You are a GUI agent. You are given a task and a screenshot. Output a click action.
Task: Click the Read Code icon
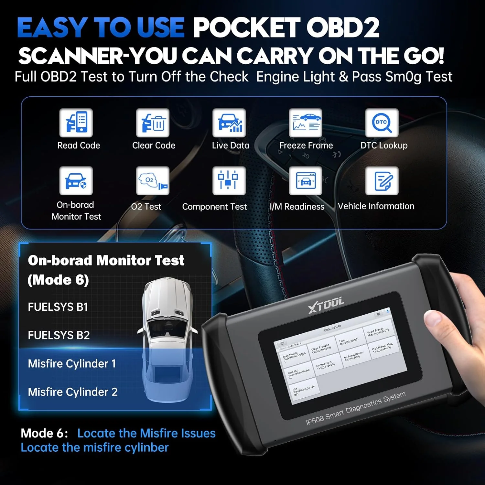point(76,123)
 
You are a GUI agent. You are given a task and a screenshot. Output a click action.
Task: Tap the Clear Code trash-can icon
point(153,123)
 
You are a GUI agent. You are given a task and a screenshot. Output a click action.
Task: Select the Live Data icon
point(229,123)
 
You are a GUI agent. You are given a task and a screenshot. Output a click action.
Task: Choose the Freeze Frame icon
point(305,123)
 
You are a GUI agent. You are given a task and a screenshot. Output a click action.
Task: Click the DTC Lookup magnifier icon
point(382,123)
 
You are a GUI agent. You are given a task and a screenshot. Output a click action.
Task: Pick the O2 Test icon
point(153,181)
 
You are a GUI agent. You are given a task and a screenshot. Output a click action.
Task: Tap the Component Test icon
point(229,181)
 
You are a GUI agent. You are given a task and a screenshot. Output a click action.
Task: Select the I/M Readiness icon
point(305,181)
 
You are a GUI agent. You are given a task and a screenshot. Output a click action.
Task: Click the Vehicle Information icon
point(382,181)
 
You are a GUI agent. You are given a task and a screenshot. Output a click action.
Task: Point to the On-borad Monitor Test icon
point(76,181)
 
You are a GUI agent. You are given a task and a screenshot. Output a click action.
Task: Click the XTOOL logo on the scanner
point(326,305)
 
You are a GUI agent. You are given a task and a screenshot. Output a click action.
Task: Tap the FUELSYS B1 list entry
point(58,307)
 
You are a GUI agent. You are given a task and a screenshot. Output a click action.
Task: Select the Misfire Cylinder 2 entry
point(73,392)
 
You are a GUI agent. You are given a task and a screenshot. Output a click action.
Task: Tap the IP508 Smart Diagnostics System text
point(356,409)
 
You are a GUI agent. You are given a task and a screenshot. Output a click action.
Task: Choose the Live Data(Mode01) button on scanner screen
point(349,341)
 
